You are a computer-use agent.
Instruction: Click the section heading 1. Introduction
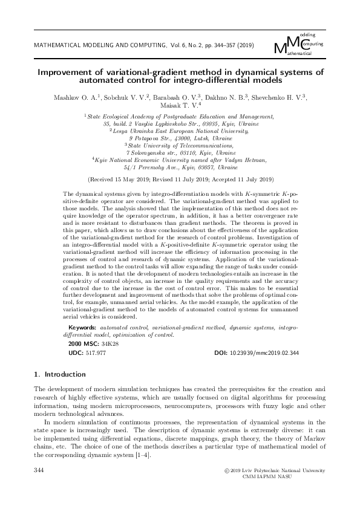coord(60,375)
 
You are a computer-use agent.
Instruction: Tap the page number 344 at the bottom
coord(40,470)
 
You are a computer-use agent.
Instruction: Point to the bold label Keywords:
coord(80,327)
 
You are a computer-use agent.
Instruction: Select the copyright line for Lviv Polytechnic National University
coord(274,470)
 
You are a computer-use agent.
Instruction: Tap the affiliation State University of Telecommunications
coord(180,145)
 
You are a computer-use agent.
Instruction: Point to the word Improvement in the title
coord(67,71)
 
